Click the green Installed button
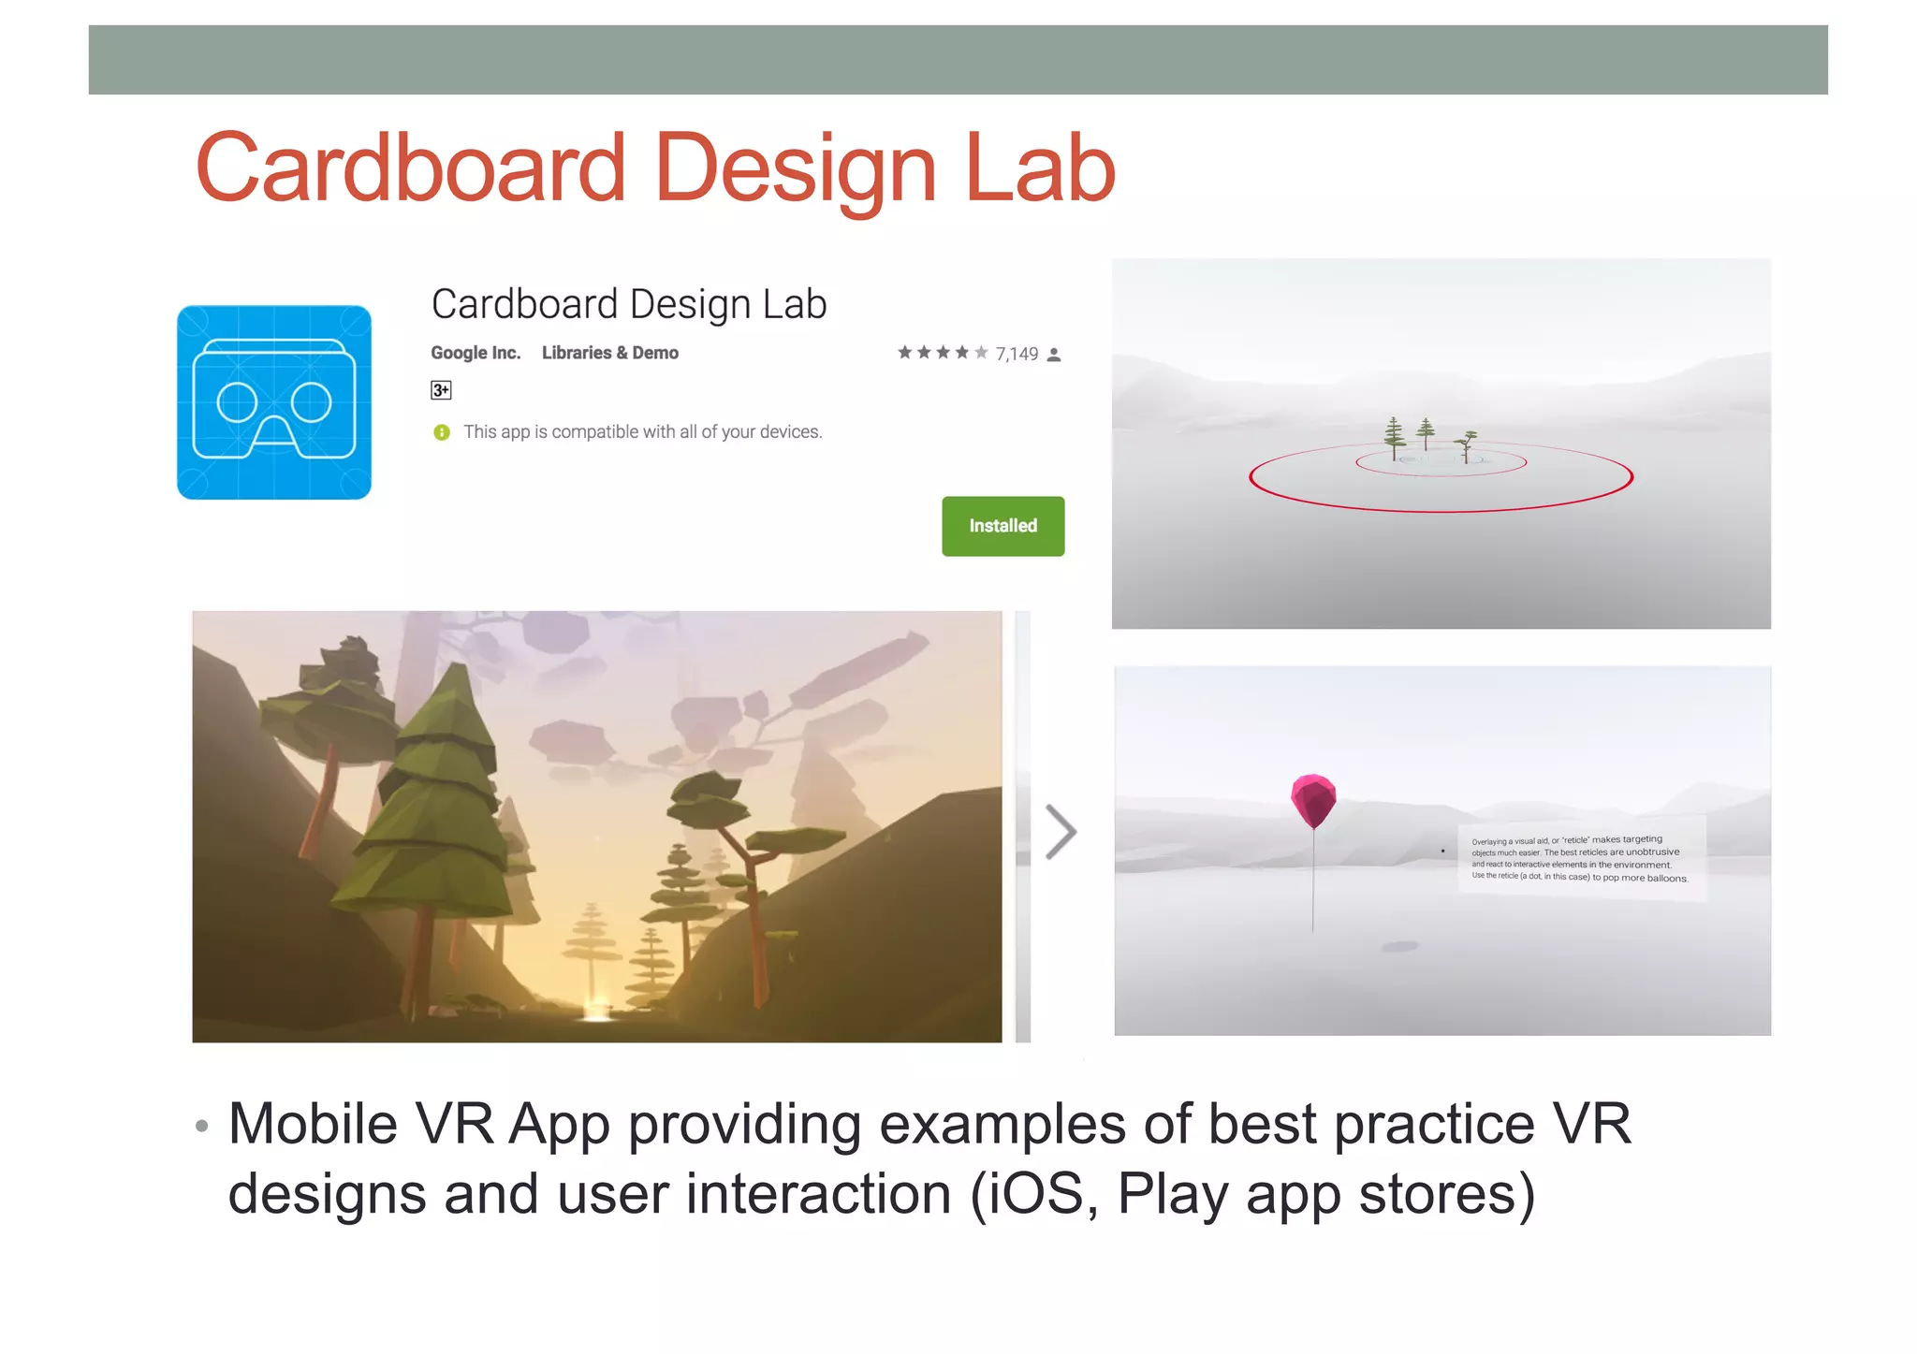(1002, 526)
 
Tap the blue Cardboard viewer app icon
(274, 402)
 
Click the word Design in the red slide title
(795, 169)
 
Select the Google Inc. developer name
(476, 353)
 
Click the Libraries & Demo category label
(609, 353)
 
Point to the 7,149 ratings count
(1017, 354)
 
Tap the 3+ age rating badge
(441, 390)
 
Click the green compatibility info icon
(442, 432)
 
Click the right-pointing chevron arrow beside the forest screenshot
(1061, 831)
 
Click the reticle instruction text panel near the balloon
(1580, 859)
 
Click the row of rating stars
(943, 353)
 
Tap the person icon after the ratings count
(1054, 355)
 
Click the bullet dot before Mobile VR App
(201, 1126)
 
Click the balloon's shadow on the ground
(1400, 947)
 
